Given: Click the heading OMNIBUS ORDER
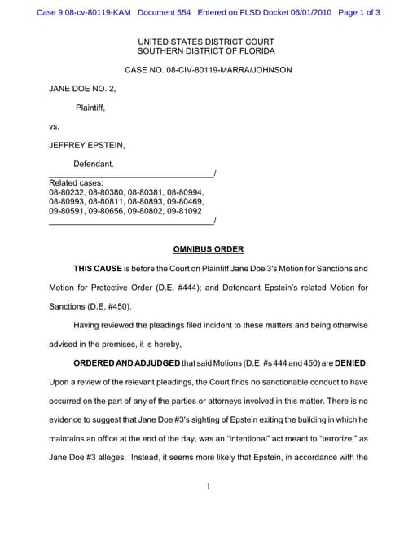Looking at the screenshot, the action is click(x=208, y=248).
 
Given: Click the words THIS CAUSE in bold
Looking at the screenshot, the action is click(x=97, y=268).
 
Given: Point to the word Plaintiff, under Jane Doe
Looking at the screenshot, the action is click(x=90, y=107).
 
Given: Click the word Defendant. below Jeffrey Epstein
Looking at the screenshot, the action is click(x=94, y=164).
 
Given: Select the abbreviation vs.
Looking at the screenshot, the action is click(x=55, y=126).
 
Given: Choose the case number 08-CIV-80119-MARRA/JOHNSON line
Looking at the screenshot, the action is click(x=208, y=70).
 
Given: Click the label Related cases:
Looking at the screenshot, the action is click(x=76, y=182).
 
